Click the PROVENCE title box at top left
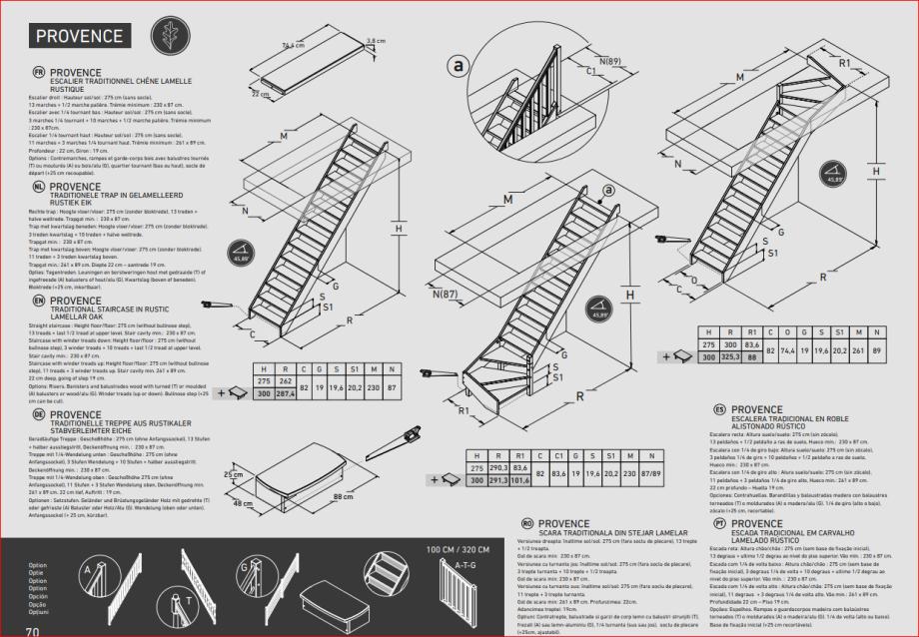(x=80, y=36)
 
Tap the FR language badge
(x=39, y=73)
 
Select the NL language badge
(x=39, y=186)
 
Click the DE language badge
(x=39, y=413)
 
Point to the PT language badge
(x=719, y=523)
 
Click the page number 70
(x=32, y=631)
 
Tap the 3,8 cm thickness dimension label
(x=376, y=41)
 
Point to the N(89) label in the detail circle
(x=608, y=62)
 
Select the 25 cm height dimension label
(x=233, y=474)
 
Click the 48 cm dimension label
(x=243, y=504)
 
